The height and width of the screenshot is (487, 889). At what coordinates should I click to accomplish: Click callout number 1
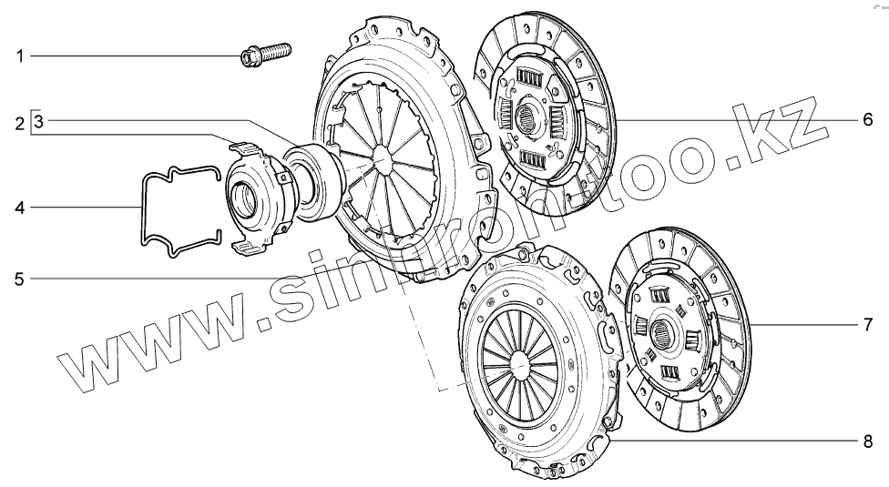pyautogui.click(x=20, y=56)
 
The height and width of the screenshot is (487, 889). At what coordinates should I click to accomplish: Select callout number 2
pyautogui.click(x=20, y=124)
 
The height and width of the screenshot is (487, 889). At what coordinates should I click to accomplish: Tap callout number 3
pyautogui.click(x=38, y=121)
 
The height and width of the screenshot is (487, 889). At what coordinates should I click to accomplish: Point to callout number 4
pyautogui.click(x=20, y=208)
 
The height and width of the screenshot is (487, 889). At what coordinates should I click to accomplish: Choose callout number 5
pyautogui.click(x=20, y=279)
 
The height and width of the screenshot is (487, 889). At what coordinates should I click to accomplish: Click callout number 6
pyautogui.click(x=868, y=120)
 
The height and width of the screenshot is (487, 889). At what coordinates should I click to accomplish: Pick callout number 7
pyautogui.click(x=868, y=325)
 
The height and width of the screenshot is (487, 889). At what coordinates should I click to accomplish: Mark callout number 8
pyautogui.click(x=868, y=441)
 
